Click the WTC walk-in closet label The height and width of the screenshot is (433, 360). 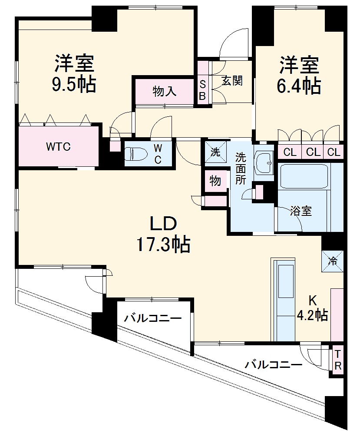(59, 147)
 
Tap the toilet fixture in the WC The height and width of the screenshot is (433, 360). (135, 154)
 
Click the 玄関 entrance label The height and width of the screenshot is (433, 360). (232, 81)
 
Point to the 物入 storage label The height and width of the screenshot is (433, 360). (165, 91)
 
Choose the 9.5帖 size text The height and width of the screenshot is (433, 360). (74, 84)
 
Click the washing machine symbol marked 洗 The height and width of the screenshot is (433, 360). (215, 152)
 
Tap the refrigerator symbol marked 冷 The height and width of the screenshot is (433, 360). (333, 261)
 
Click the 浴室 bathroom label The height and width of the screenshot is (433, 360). (301, 211)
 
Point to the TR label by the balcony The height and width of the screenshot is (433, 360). (338, 360)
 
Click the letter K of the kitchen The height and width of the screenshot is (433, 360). (312, 301)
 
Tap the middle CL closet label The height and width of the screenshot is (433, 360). (313, 152)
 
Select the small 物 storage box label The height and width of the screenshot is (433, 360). (215, 181)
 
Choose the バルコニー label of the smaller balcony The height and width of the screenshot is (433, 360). (153, 318)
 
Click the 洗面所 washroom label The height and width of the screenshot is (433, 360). (241, 169)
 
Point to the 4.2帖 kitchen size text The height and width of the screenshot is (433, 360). (312, 314)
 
